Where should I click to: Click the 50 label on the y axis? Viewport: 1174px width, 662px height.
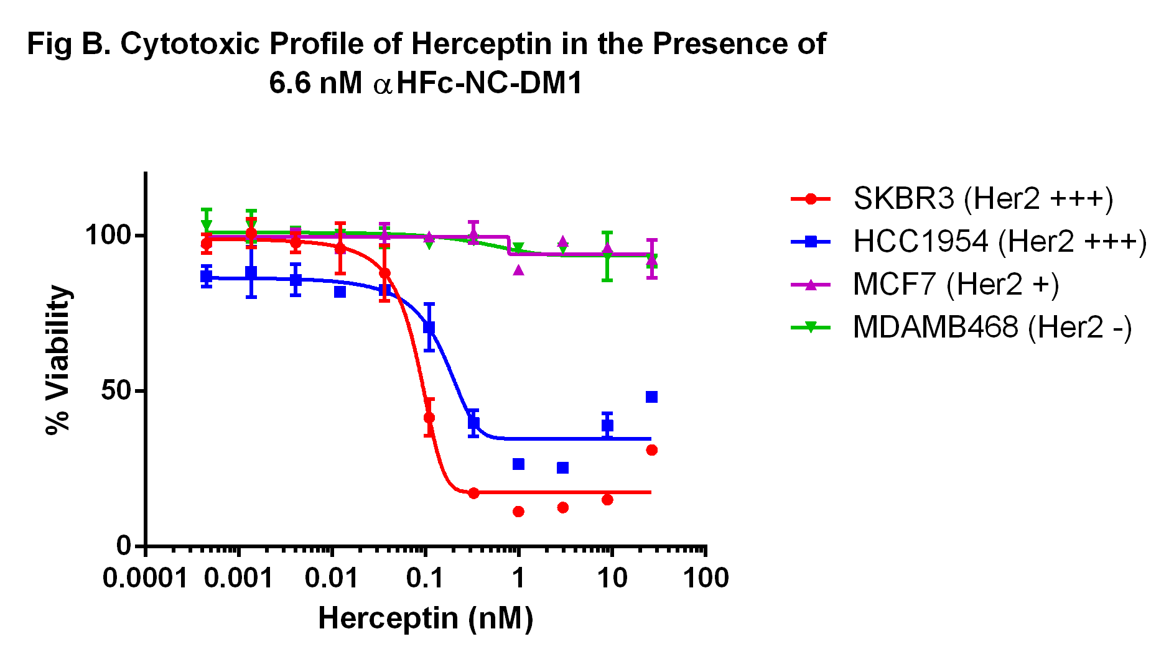pos(116,391)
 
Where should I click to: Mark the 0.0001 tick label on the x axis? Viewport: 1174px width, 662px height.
pos(145,579)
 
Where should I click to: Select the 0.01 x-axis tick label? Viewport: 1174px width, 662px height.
pos(332,579)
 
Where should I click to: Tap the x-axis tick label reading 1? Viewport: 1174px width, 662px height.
pos(518,579)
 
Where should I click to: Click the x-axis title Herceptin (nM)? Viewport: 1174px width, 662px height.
pos(426,618)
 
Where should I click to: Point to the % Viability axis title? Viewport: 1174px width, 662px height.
pos(58,360)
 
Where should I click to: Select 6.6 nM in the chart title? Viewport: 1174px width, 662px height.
pos(315,83)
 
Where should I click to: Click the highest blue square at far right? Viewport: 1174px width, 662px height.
pos(651,397)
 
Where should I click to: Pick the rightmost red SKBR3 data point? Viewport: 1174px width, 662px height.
pos(651,450)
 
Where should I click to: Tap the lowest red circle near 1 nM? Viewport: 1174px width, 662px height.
pos(518,512)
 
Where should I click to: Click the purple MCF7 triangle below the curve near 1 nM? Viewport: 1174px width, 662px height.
pos(518,270)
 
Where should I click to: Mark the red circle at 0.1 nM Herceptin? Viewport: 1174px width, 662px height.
pos(429,418)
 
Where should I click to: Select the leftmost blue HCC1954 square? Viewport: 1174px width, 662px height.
pos(207,277)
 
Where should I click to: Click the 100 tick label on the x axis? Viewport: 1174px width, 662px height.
pos(706,579)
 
